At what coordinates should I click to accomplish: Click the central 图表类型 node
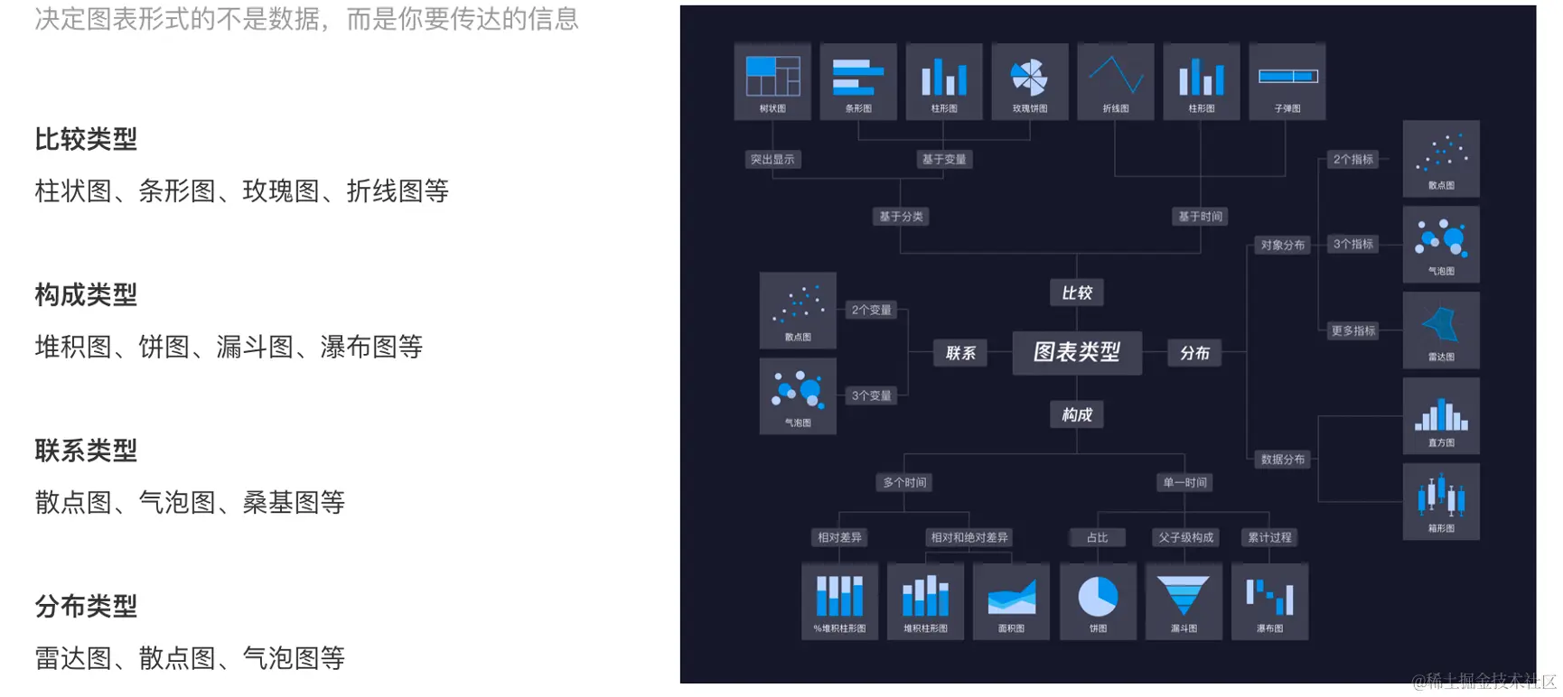click(x=1076, y=352)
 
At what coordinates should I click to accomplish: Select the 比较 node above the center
click(x=1076, y=293)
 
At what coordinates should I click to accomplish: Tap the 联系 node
click(x=959, y=353)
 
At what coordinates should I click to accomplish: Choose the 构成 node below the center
click(x=1076, y=414)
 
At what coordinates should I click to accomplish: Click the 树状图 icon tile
click(x=772, y=81)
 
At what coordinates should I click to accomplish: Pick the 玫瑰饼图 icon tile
click(x=1030, y=81)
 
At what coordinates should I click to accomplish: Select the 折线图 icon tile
click(x=1116, y=81)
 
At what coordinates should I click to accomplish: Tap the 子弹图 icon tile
click(x=1287, y=81)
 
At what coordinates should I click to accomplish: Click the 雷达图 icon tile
click(x=1441, y=330)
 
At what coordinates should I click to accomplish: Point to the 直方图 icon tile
click(x=1441, y=416)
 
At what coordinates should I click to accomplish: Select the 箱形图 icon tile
click(x=1441, y=502)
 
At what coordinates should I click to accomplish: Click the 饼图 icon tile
click(x=1098, y=601)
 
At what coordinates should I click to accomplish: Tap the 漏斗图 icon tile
click(x=1184, y=601)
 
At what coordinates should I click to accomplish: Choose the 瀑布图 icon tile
click(x=1269, y=601)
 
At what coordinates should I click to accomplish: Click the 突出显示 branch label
click(x=772, y=160)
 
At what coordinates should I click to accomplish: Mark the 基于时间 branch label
click(x=1200, y=217)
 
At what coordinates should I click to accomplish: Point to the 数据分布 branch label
click(x=1282, y=460)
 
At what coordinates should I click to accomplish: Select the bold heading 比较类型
click(x=86, y=139)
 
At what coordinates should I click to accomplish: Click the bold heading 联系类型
click(x=86, y=451)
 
